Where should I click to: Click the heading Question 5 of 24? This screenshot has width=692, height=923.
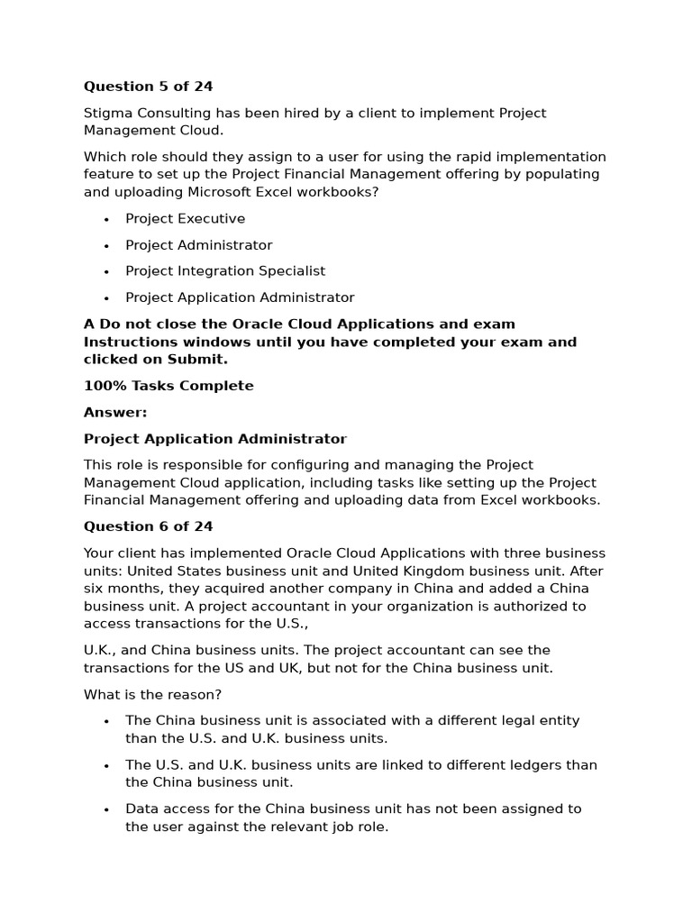148,87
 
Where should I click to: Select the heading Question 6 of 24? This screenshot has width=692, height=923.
148,526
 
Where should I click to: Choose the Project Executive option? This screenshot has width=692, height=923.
185,218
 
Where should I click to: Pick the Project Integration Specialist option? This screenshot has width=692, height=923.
225,270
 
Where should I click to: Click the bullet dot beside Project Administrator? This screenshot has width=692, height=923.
106,245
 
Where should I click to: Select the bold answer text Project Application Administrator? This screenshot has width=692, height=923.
214,439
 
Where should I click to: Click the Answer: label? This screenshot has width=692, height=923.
115,412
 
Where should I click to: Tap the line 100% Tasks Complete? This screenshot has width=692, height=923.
168,386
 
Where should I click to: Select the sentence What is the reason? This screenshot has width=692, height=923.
152,694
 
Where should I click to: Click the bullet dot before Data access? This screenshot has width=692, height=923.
106,809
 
